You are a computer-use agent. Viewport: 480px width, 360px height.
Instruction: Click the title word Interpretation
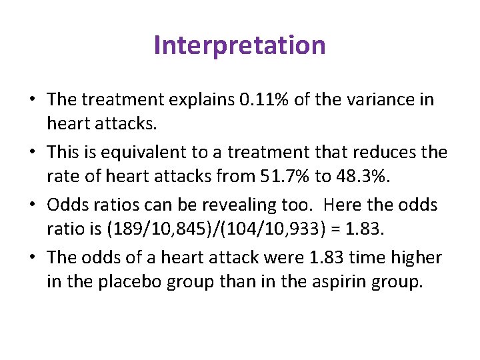[239, 45]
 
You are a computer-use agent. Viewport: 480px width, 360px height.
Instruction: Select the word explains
[205, 100]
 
